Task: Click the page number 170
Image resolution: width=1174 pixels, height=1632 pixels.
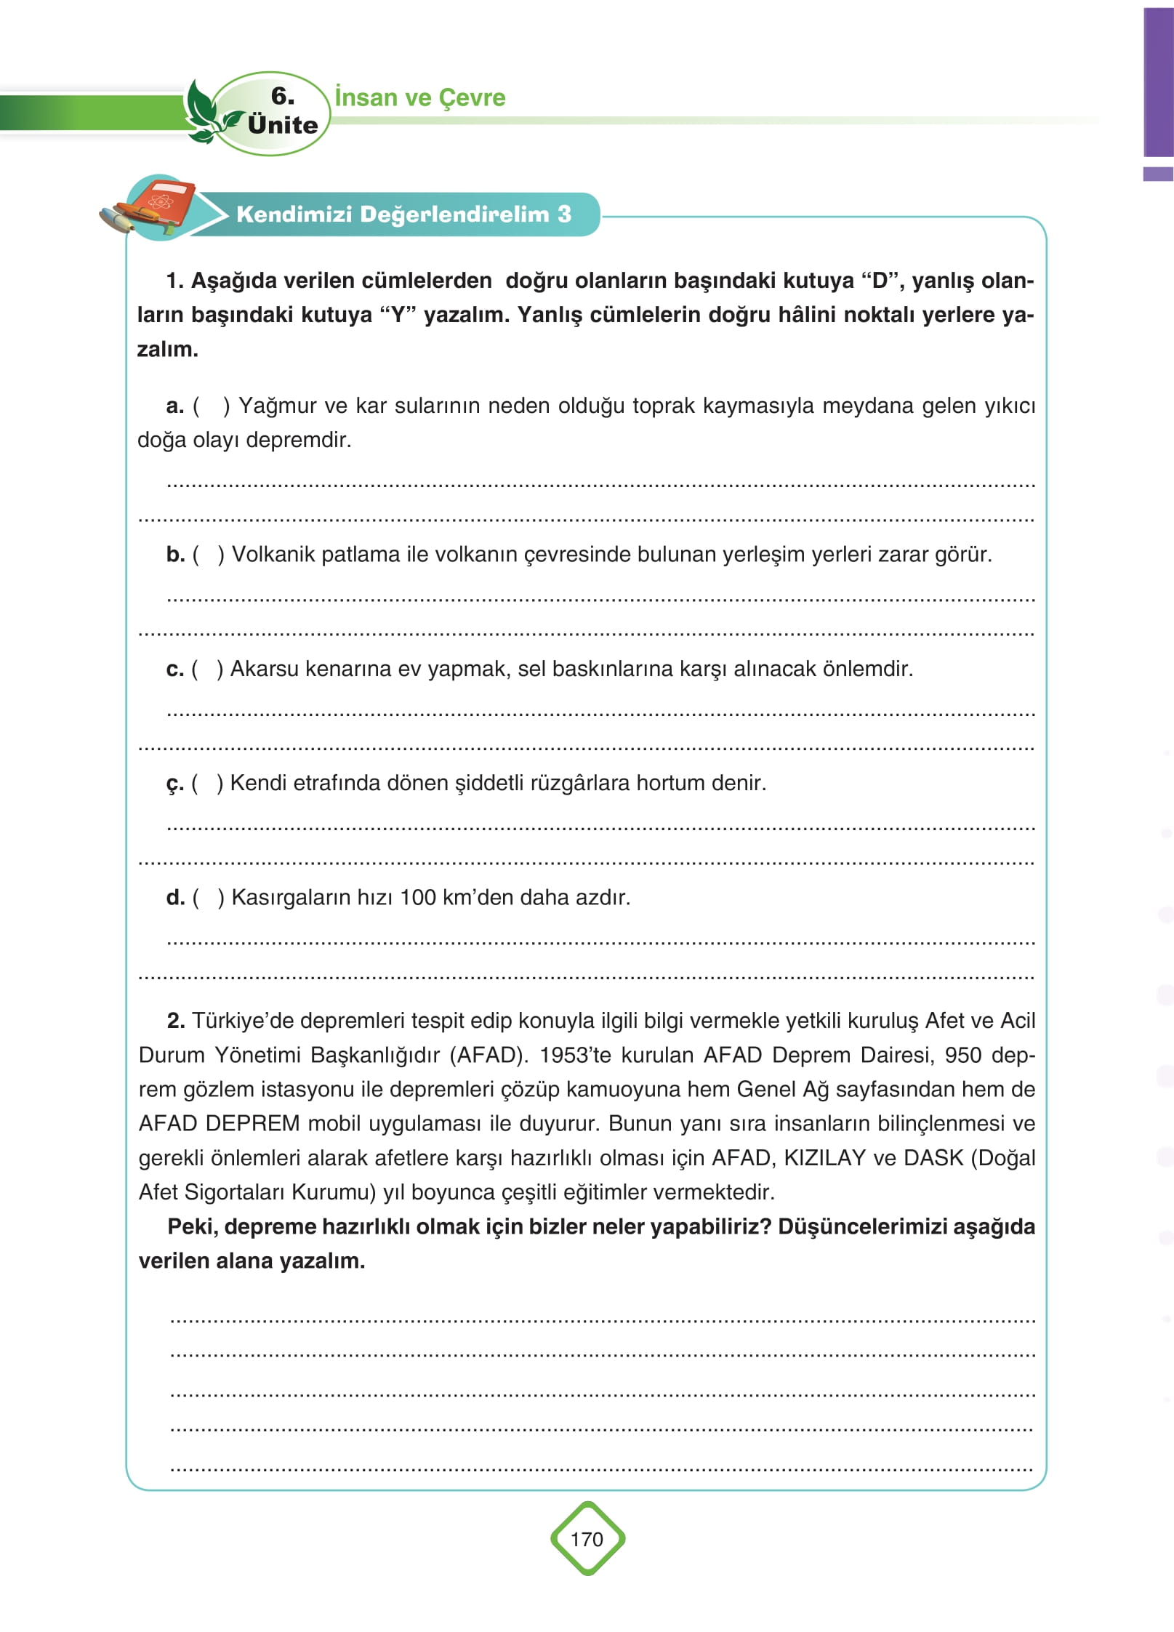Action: coord(587,1539)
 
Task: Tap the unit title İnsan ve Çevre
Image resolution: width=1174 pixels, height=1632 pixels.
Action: coord(420,97)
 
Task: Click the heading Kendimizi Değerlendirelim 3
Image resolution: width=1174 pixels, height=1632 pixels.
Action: coord(403,214)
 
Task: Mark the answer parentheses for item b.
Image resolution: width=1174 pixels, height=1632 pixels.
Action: coord(209,555)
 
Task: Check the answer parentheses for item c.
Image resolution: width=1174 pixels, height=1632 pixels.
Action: coord(207,669)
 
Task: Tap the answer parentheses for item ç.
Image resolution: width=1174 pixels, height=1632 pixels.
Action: coord(207,784)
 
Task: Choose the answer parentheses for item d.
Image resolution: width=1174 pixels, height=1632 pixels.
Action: coord(209,898)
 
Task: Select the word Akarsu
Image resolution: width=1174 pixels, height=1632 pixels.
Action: coord(264,669)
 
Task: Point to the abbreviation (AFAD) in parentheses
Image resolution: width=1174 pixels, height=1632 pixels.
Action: coord(489,1055)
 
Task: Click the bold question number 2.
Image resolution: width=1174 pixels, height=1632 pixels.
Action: coord(175,1021)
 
